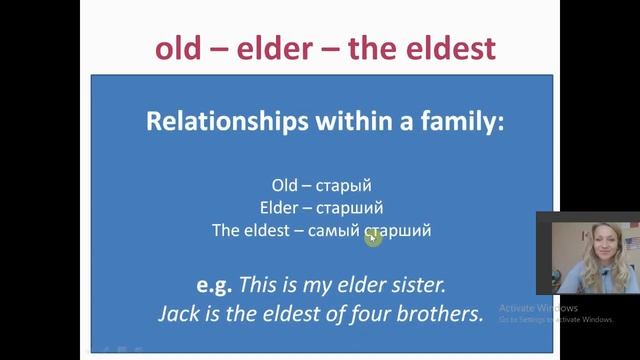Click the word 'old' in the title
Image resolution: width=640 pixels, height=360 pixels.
[184, 47]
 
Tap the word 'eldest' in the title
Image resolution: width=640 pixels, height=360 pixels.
[441, 47]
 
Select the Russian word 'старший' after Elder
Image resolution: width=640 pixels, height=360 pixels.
[350, 208]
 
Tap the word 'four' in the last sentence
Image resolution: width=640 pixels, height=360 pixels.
[372, 313]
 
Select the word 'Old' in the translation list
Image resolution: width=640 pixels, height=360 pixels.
[285, 185]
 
